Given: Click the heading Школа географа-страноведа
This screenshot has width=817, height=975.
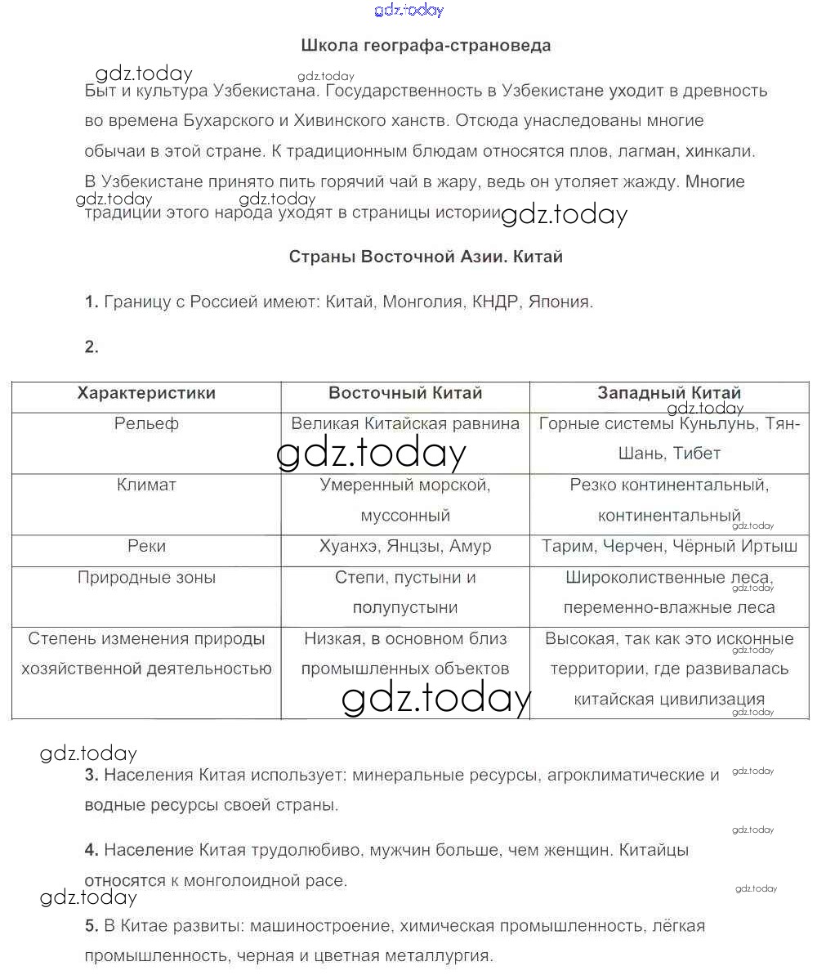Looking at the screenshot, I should [426, 46].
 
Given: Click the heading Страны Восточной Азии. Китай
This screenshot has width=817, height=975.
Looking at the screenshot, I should [426, 257].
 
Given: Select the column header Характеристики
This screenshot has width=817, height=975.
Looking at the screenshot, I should [146, 393].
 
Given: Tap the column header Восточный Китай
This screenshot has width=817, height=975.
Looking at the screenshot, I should [405, 393].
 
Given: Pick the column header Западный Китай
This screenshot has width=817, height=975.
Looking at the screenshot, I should [669, 393].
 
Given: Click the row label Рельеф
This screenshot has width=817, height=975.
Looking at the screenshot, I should [146, 424].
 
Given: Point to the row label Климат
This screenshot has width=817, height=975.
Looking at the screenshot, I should [146, 485].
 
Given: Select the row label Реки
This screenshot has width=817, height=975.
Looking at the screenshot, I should [146, 547].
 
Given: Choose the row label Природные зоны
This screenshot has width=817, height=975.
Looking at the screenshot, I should [146, 578].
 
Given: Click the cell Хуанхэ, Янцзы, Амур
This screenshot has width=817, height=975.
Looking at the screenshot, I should [405, 547].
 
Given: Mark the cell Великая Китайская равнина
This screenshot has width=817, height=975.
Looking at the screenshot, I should [405, 424].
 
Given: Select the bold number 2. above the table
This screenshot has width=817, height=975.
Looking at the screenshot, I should [92, 347].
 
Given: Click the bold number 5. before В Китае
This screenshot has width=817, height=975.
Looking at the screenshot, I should [92, 927].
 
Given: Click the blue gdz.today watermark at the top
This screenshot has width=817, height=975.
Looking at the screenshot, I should [408, 10].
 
